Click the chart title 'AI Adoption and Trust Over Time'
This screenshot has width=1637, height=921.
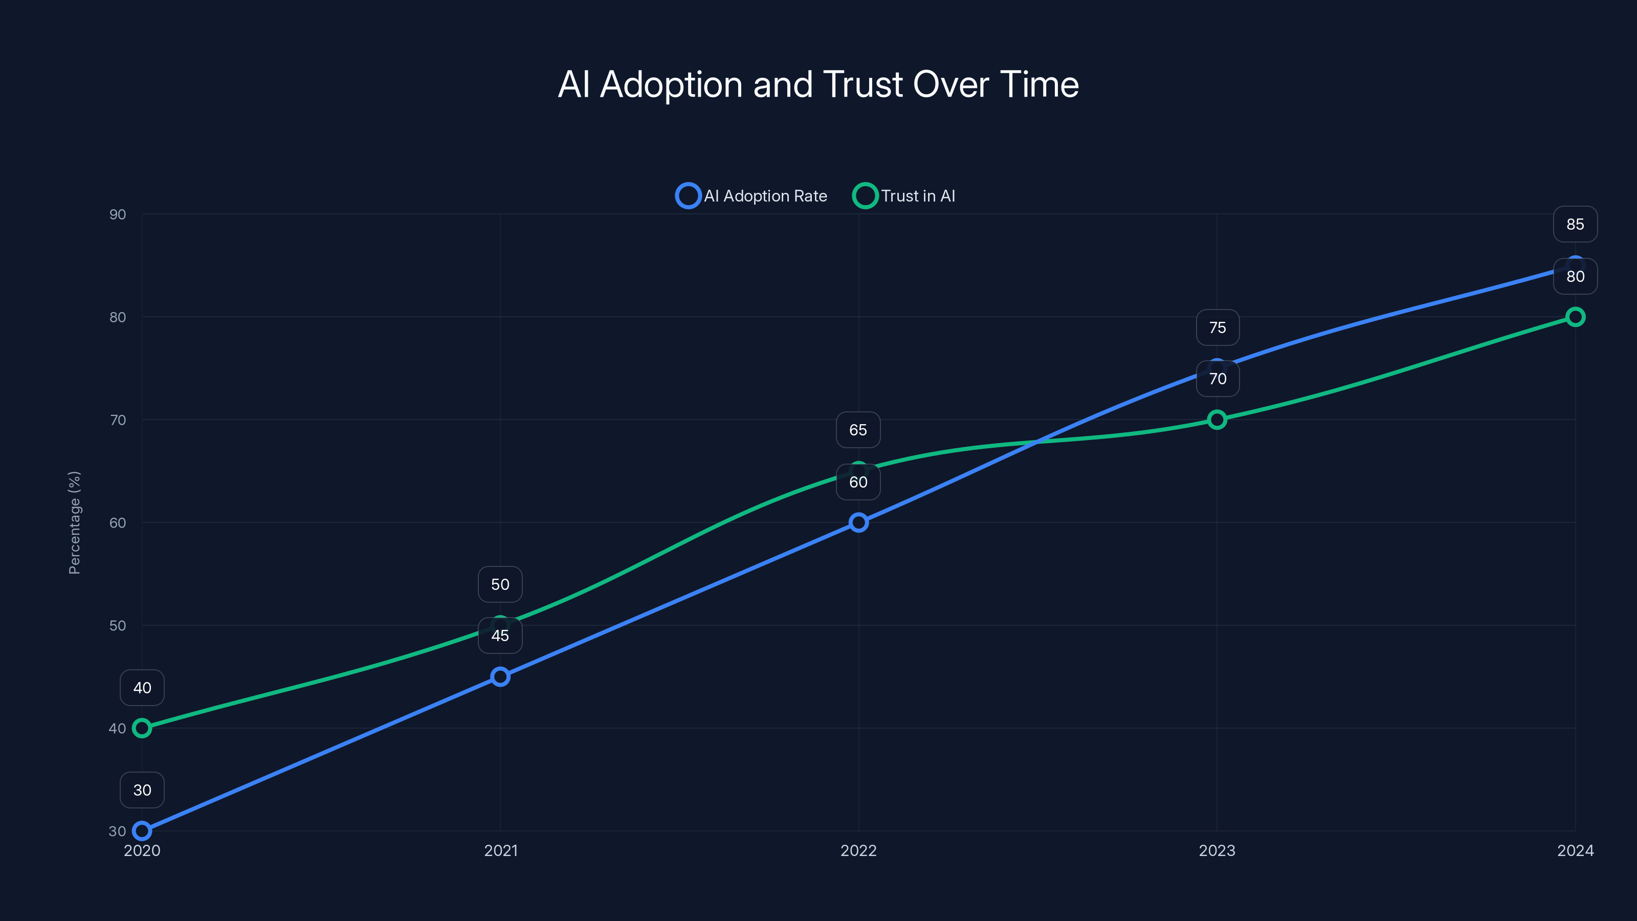point(818,84)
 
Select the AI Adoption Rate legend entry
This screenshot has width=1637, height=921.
point(752,196)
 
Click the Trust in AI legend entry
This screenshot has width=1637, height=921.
point(904,196)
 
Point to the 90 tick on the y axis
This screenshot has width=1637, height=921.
point(118,215)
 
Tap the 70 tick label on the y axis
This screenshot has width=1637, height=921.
point(118,420)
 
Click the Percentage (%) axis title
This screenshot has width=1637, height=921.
point(74,522)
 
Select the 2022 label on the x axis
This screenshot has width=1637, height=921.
point(858,850)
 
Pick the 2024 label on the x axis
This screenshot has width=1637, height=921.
point(1575,850)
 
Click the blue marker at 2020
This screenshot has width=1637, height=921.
point(142,831)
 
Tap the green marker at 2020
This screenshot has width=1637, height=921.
point(142,728)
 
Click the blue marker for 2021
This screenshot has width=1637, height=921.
point(500,676)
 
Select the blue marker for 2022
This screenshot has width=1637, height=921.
point(858,522)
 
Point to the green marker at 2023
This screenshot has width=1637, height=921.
point(1216,420)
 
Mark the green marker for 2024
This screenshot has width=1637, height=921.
point(1575,317)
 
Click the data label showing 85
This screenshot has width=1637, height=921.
point(1575,225)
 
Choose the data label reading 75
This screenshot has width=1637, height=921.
point(1217,327)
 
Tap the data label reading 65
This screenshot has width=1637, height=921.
point(858,430)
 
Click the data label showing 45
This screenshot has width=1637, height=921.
point(500,635)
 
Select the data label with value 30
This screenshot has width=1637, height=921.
point(142,790)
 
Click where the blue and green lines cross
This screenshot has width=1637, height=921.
point(1036,441)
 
